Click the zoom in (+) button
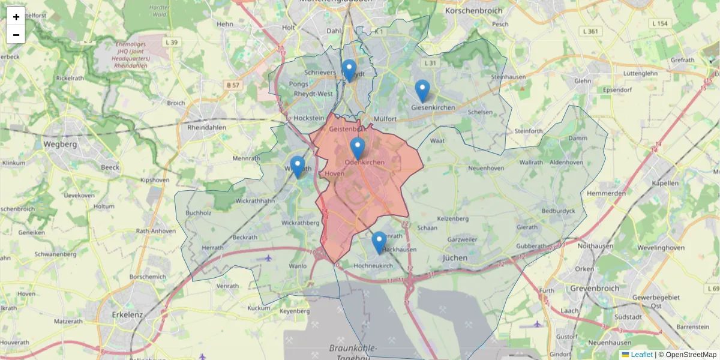(16, 17)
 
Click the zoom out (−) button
(16, 35)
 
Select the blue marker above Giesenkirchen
(422, 91)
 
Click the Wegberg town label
(61, 144)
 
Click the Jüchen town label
(454, 257)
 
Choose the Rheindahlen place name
(207, 128)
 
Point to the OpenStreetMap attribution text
(691, 355)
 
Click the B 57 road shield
(233, 85)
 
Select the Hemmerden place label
(606, 194)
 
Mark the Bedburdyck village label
(558, 211)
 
